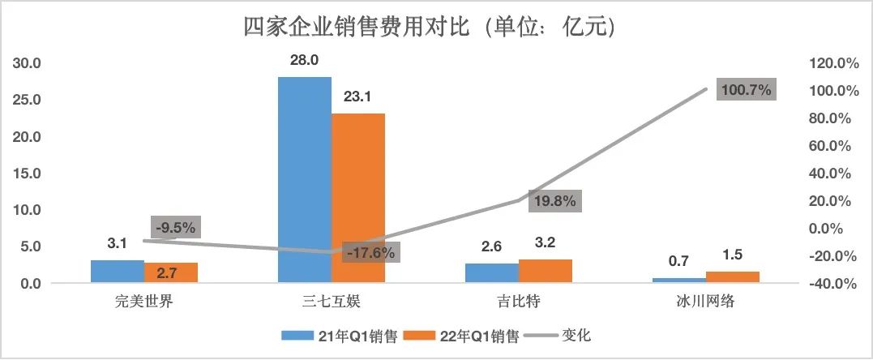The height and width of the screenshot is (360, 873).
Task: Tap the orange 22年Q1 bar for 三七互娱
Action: pos(358,198)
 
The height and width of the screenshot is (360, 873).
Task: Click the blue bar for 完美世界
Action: pos(117,272)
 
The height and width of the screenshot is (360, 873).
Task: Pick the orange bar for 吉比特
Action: pos(545,271)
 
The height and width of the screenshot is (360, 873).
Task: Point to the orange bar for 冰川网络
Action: pos(732,277)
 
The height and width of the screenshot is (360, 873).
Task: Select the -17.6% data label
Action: pos(370,253)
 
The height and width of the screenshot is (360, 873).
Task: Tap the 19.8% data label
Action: pos(554,201)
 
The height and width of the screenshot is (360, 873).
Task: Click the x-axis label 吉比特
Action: pos(519,303)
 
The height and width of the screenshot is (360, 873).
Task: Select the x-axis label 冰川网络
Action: pos(705,303)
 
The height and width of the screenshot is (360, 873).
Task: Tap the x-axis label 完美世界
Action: pos(144,303)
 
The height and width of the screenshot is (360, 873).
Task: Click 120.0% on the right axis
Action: pos(828,63)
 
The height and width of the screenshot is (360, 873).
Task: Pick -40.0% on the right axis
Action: pos(828,284)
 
